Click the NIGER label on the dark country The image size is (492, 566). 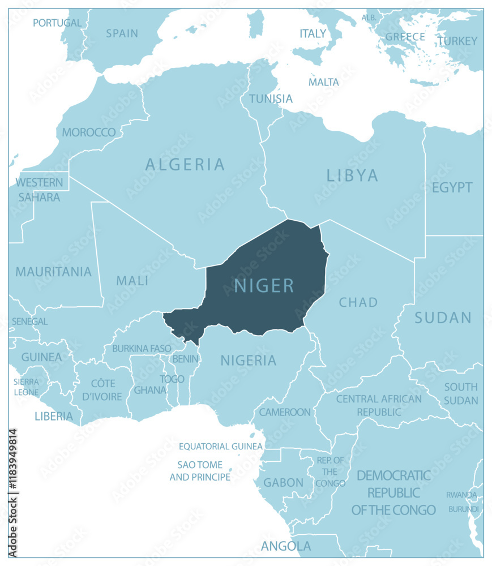click(x=264, y=286)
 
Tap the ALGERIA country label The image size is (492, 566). click(x=185, y=165)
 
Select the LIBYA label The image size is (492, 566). click(x=352, y=175)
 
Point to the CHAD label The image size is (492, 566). click(x=358, y=302)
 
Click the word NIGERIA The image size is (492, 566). click(x=248, y=361)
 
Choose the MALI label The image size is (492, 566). click(x=132, y=281)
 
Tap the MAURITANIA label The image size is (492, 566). click(x=53, y=272)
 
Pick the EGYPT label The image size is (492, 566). click(x=452, y=188)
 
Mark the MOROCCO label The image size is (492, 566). click(x=89, y=132)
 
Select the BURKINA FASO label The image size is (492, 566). click(x=142, y=349)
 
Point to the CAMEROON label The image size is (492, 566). click(x=285, y=412)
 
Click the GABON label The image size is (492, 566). click(x=284, y=483)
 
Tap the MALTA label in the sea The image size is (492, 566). click(x=324, y=82)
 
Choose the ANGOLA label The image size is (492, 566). click(x=286, y=546)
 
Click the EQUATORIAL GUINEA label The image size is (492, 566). click(x=221, y=447)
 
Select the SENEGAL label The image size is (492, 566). click(x=31, y=321)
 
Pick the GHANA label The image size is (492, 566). click(x=150, y=390)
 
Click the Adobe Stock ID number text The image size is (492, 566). click(x=12, y=493)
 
